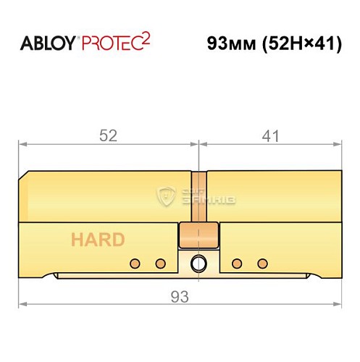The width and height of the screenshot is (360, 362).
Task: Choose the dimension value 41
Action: pyautogui.click(x=269, y=135)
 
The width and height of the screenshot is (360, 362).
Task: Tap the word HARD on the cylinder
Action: pyautogui.click(x=97, y=240)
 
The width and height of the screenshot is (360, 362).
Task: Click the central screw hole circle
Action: pyautogui.click(x=198, y=263)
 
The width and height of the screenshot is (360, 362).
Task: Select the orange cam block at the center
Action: pyautogui.click(x=198, y=234)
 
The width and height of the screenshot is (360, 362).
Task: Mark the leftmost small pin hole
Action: pyautogui.click(x=133, y=262)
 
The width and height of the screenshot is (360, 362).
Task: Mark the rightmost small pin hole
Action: pyautogui.click(x=263, y=262)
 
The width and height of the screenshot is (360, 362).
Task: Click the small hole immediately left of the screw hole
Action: pyautogui.click(x=160, y=262)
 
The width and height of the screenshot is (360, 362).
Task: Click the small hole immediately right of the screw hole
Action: pyautogui.click(x=235, y=262)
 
